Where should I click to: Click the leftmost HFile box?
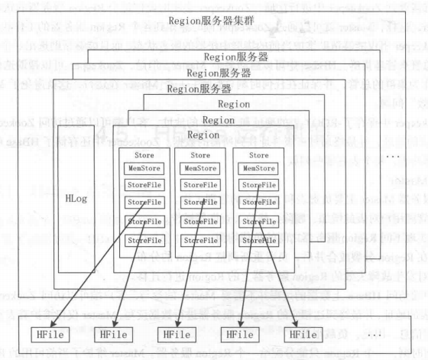41,334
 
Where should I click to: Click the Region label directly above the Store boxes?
203,134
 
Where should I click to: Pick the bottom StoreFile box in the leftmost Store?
145,240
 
